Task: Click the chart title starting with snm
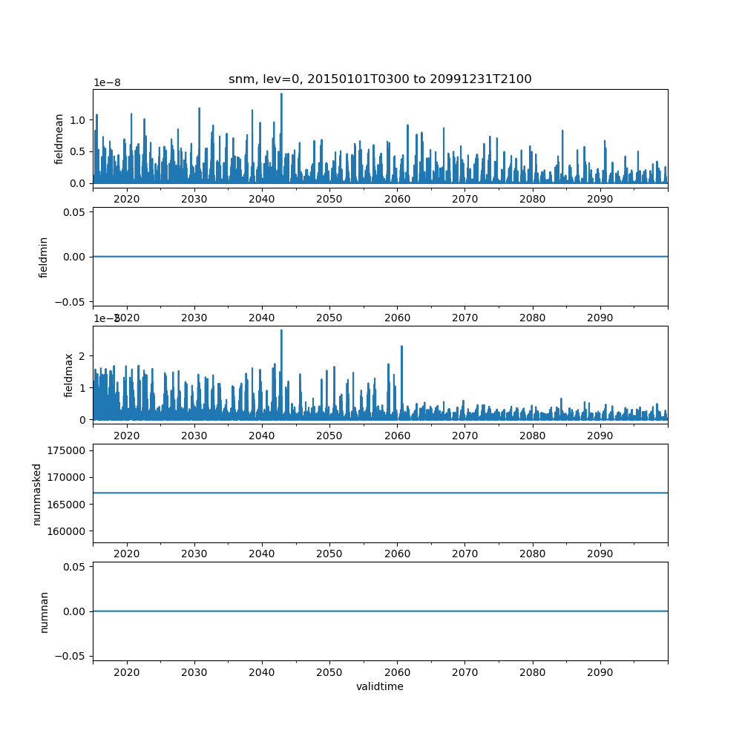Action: (380, 79)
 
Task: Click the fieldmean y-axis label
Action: (59, 139)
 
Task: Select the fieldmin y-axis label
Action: (44, 257)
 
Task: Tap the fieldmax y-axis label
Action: (69, 375)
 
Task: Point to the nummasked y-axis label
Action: (36, 493)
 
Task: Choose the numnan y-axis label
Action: (44, 611)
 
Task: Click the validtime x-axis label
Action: (380, 686)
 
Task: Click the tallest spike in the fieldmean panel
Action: (281, 94)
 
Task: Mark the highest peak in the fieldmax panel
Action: (281, 331)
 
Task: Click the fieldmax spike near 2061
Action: (401, 347)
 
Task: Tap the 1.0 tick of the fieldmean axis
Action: (76, 120)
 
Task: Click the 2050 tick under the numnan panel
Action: (329, 672)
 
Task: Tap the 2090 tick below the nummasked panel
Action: (600, 554)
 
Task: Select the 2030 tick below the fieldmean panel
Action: (194, 199)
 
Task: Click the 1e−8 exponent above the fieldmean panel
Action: (106, 82)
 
